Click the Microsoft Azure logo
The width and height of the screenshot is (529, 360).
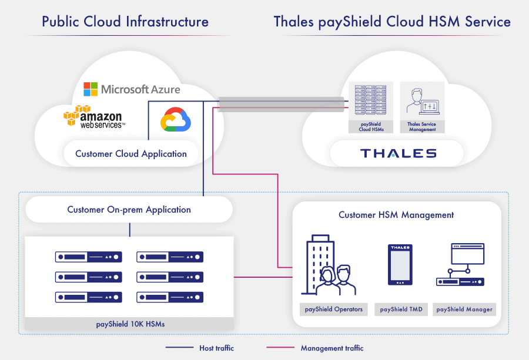(x=132, y=89)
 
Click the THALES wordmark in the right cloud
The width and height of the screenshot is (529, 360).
(x=398, y=153)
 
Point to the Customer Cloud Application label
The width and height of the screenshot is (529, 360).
(x=131, y=154)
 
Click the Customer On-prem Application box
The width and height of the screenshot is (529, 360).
(x=129, y=210)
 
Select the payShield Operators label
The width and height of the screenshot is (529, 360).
(x=333, y=309)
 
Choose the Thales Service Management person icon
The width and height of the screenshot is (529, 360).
(x=422, y=100)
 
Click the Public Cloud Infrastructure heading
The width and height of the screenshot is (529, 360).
(x=125, y=22)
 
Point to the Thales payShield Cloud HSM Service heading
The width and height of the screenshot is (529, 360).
(x=392, y=22)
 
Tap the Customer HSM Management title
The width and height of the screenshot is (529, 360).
(x=396, y=215)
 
